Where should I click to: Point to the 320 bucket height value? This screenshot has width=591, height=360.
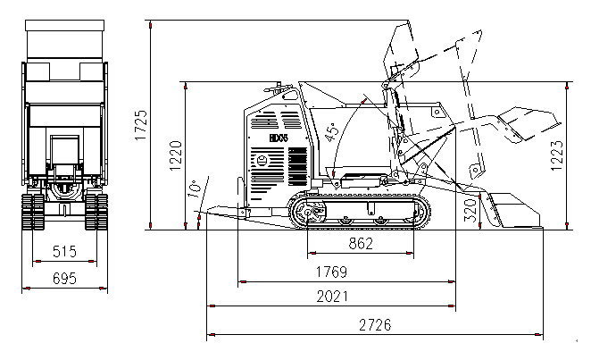[x=470, y=209]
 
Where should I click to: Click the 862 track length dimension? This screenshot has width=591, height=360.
[x=360, y=243]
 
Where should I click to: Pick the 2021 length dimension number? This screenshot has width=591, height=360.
[x=330, y=297]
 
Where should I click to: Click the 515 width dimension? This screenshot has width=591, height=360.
[x=63, y=251]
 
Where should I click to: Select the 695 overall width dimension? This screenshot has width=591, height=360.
[x=63, y=278]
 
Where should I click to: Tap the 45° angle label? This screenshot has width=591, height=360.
[x=332, y=131]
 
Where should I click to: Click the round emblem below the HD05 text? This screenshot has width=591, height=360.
[x=262, y=161]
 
